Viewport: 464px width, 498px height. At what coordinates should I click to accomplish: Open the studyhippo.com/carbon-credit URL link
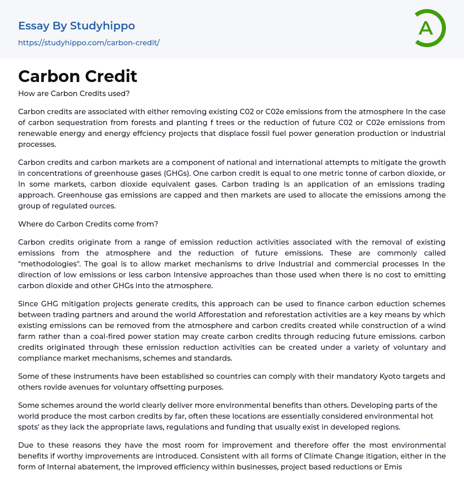pyautogui.click(x=89, y=43)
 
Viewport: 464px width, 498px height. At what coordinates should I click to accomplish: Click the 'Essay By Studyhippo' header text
pyautogui.click(x=77, y=26)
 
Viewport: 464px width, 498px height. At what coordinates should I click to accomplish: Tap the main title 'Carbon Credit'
pyautogui.click(x=77, y=76)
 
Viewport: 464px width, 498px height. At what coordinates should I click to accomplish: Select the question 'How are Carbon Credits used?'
pyautogui.click(x=74, y=93)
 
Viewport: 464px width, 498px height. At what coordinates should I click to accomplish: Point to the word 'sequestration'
pyautogui.click(x=83, y=122)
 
